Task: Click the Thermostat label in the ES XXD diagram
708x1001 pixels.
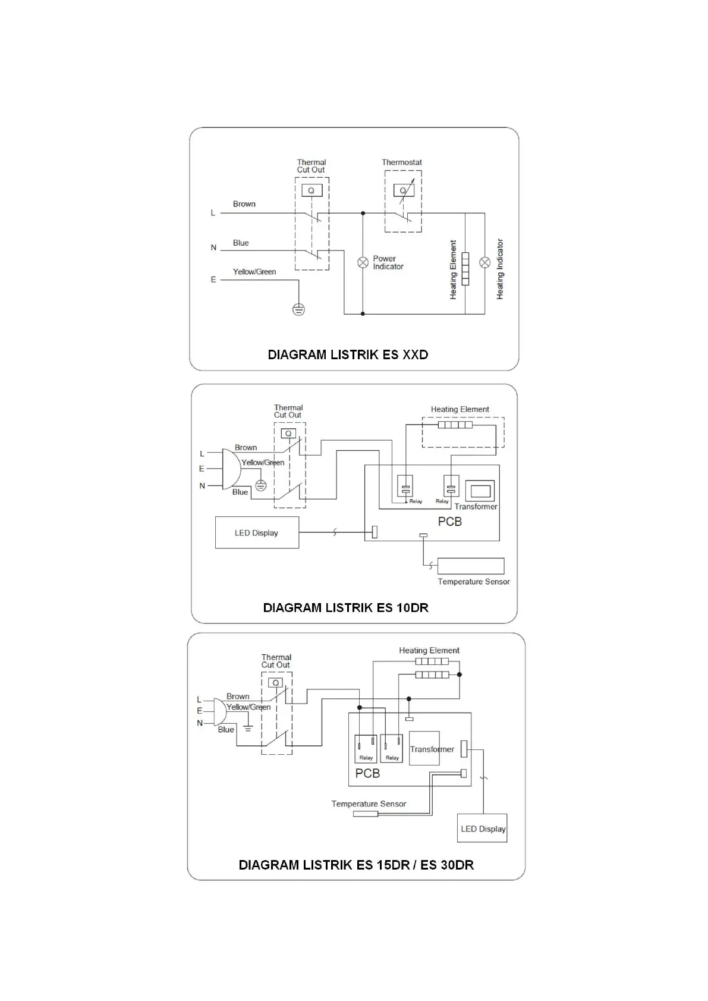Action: pyautogui.click(x=402, y=162)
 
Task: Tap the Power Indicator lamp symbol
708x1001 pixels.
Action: pyautogui.click(x=363, y=262)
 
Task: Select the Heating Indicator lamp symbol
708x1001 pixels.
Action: pyautogui.click(x=485, y=262)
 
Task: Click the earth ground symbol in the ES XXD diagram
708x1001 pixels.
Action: pyautogui.click(x=298, y=309)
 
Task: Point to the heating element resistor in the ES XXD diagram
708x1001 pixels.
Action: pyautogui.click(x=465, y=268)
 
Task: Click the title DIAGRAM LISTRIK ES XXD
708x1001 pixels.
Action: pyautogui.click(x=348, y=354)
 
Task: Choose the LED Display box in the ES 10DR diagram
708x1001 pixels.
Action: pyautogui.click(x=257, y=532)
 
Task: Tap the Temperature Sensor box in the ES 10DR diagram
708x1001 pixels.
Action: pyautogui.click(x=470, y=566)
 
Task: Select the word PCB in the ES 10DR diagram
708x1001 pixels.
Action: pyautogui.click(x=449, y=522)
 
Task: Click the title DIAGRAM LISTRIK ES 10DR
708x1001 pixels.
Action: pyautogui.click(x=345, y=608)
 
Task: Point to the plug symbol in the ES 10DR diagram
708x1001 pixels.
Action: pyautogui.click(x=231, y=469)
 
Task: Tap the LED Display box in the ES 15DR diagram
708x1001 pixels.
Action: pyautogui.click(x=482, y=828)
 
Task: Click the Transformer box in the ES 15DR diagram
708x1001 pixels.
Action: pyautogui.click(x=424, y=748)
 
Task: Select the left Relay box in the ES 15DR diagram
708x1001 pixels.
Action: pyautogui.click(x=366, y=749)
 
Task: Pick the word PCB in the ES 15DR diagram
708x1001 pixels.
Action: pyautogui.click(x=367, y=773)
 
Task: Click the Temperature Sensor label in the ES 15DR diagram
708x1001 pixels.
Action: pyautogui.click(x=369, y=804)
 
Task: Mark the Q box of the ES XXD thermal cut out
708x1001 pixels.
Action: pyautogui.click(x=311, y=190)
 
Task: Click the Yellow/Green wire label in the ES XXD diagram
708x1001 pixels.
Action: pyautogui.click(x=254, y=272)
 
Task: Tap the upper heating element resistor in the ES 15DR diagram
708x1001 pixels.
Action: pyautogui.click(x=432, y=661)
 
